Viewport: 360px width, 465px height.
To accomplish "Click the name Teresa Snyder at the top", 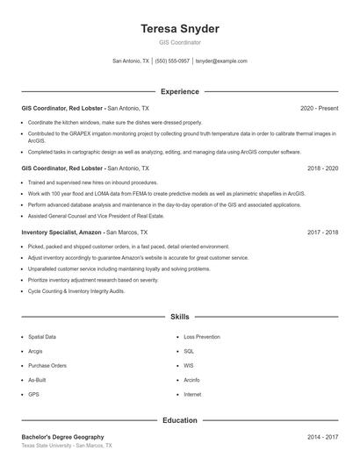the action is pyautogui.click(x=180, y=28).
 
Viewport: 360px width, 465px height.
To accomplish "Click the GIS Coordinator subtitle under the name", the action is pyautogui.click(x=180, y=42).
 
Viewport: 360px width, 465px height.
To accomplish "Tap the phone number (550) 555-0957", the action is pyautogui.click(x=174, y=61).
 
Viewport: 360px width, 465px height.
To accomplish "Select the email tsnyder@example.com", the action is pyautogui.click(x=221, y=61).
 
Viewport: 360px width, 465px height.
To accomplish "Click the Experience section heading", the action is pyautogui.click(x=180, y=91).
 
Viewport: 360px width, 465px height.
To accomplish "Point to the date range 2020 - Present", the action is pyautogui.click(x=319, y=108).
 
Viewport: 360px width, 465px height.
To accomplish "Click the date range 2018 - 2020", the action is pyautogui.click(x=322, y=168).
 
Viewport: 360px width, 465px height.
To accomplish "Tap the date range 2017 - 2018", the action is pyautogui.click(x=322, y=232).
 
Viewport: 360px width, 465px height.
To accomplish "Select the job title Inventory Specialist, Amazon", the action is pyautogui.click(x=61, y=232).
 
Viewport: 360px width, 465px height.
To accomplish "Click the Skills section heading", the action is pyautogui.click(x=180, y=316).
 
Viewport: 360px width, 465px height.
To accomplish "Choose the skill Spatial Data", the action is pyautogui.click(x=42, y=336).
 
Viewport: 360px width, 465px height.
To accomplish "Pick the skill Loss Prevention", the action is pyautogui.click(x=201, y=336).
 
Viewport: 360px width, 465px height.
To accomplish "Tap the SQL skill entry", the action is pyautogui.click(x=189, y=351).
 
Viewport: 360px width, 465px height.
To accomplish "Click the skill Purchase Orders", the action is pyautogui.click(x=47, y=365).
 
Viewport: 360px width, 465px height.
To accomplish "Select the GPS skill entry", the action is pyautogui.click(x=34, y=394).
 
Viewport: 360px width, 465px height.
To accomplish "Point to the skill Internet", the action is pyautogui.click(x=193, y=394).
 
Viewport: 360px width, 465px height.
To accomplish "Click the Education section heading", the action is pyautogui.click(x=180, y=420).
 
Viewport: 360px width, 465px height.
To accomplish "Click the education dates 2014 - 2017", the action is pyautogui.click(x=322, y=436).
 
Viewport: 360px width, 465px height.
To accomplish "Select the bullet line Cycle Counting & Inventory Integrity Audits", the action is pyautogui.click(x=76, y=290).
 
